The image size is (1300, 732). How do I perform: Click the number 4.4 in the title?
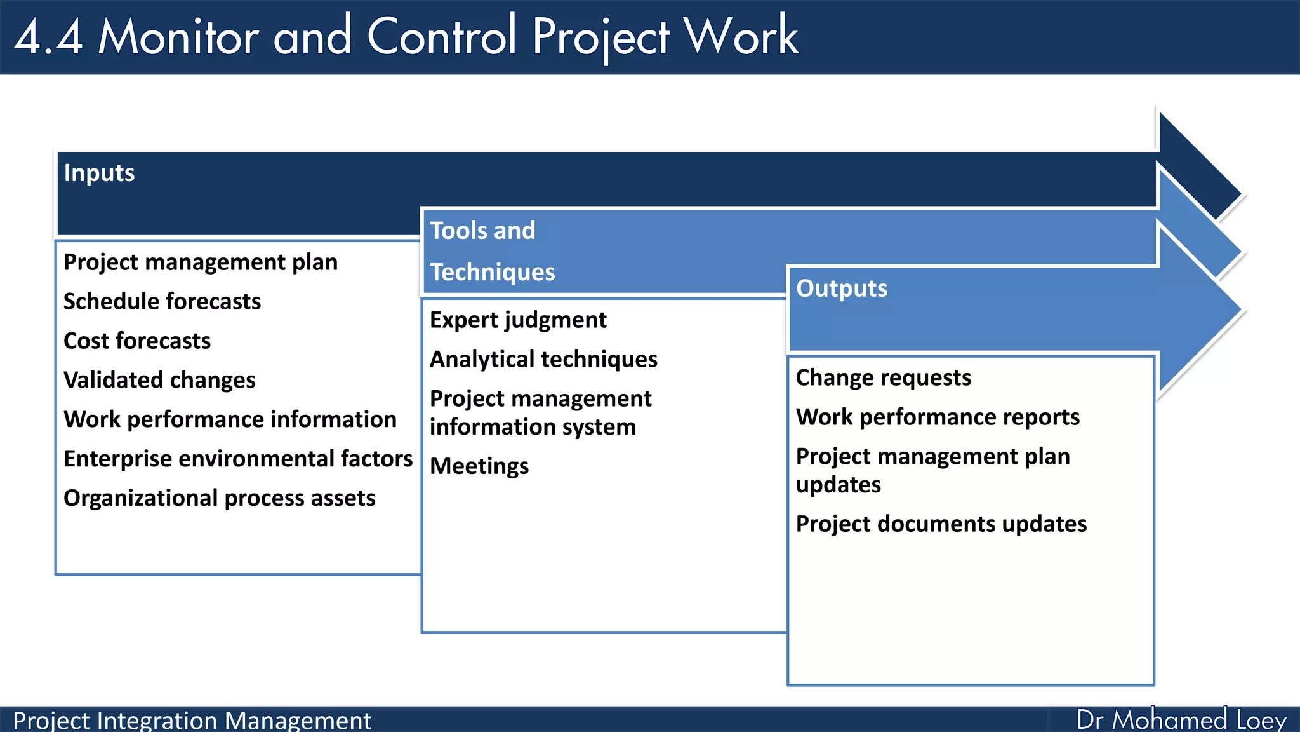point(48,37)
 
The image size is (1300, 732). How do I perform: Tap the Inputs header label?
point(99,173)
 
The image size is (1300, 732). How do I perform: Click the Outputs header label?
point(842,288)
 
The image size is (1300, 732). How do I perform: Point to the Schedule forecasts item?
point(162,301)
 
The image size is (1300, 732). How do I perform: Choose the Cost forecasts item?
point(137,341)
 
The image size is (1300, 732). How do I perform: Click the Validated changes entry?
point(159,380)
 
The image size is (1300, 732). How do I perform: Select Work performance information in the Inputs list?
point(230,419)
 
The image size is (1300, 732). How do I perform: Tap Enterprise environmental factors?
point(238,459)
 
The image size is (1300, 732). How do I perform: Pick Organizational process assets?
point(220,498)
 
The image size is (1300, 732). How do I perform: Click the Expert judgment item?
point(518,320)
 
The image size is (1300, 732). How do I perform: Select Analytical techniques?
point(543,360)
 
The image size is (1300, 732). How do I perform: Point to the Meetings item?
point(479,466)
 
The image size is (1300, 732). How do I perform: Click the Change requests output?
point(883,378)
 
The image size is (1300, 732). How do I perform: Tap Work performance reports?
point(938,417)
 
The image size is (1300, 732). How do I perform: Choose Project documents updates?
point(941,524)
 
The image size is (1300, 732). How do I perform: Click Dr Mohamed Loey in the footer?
point(1181,720)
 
